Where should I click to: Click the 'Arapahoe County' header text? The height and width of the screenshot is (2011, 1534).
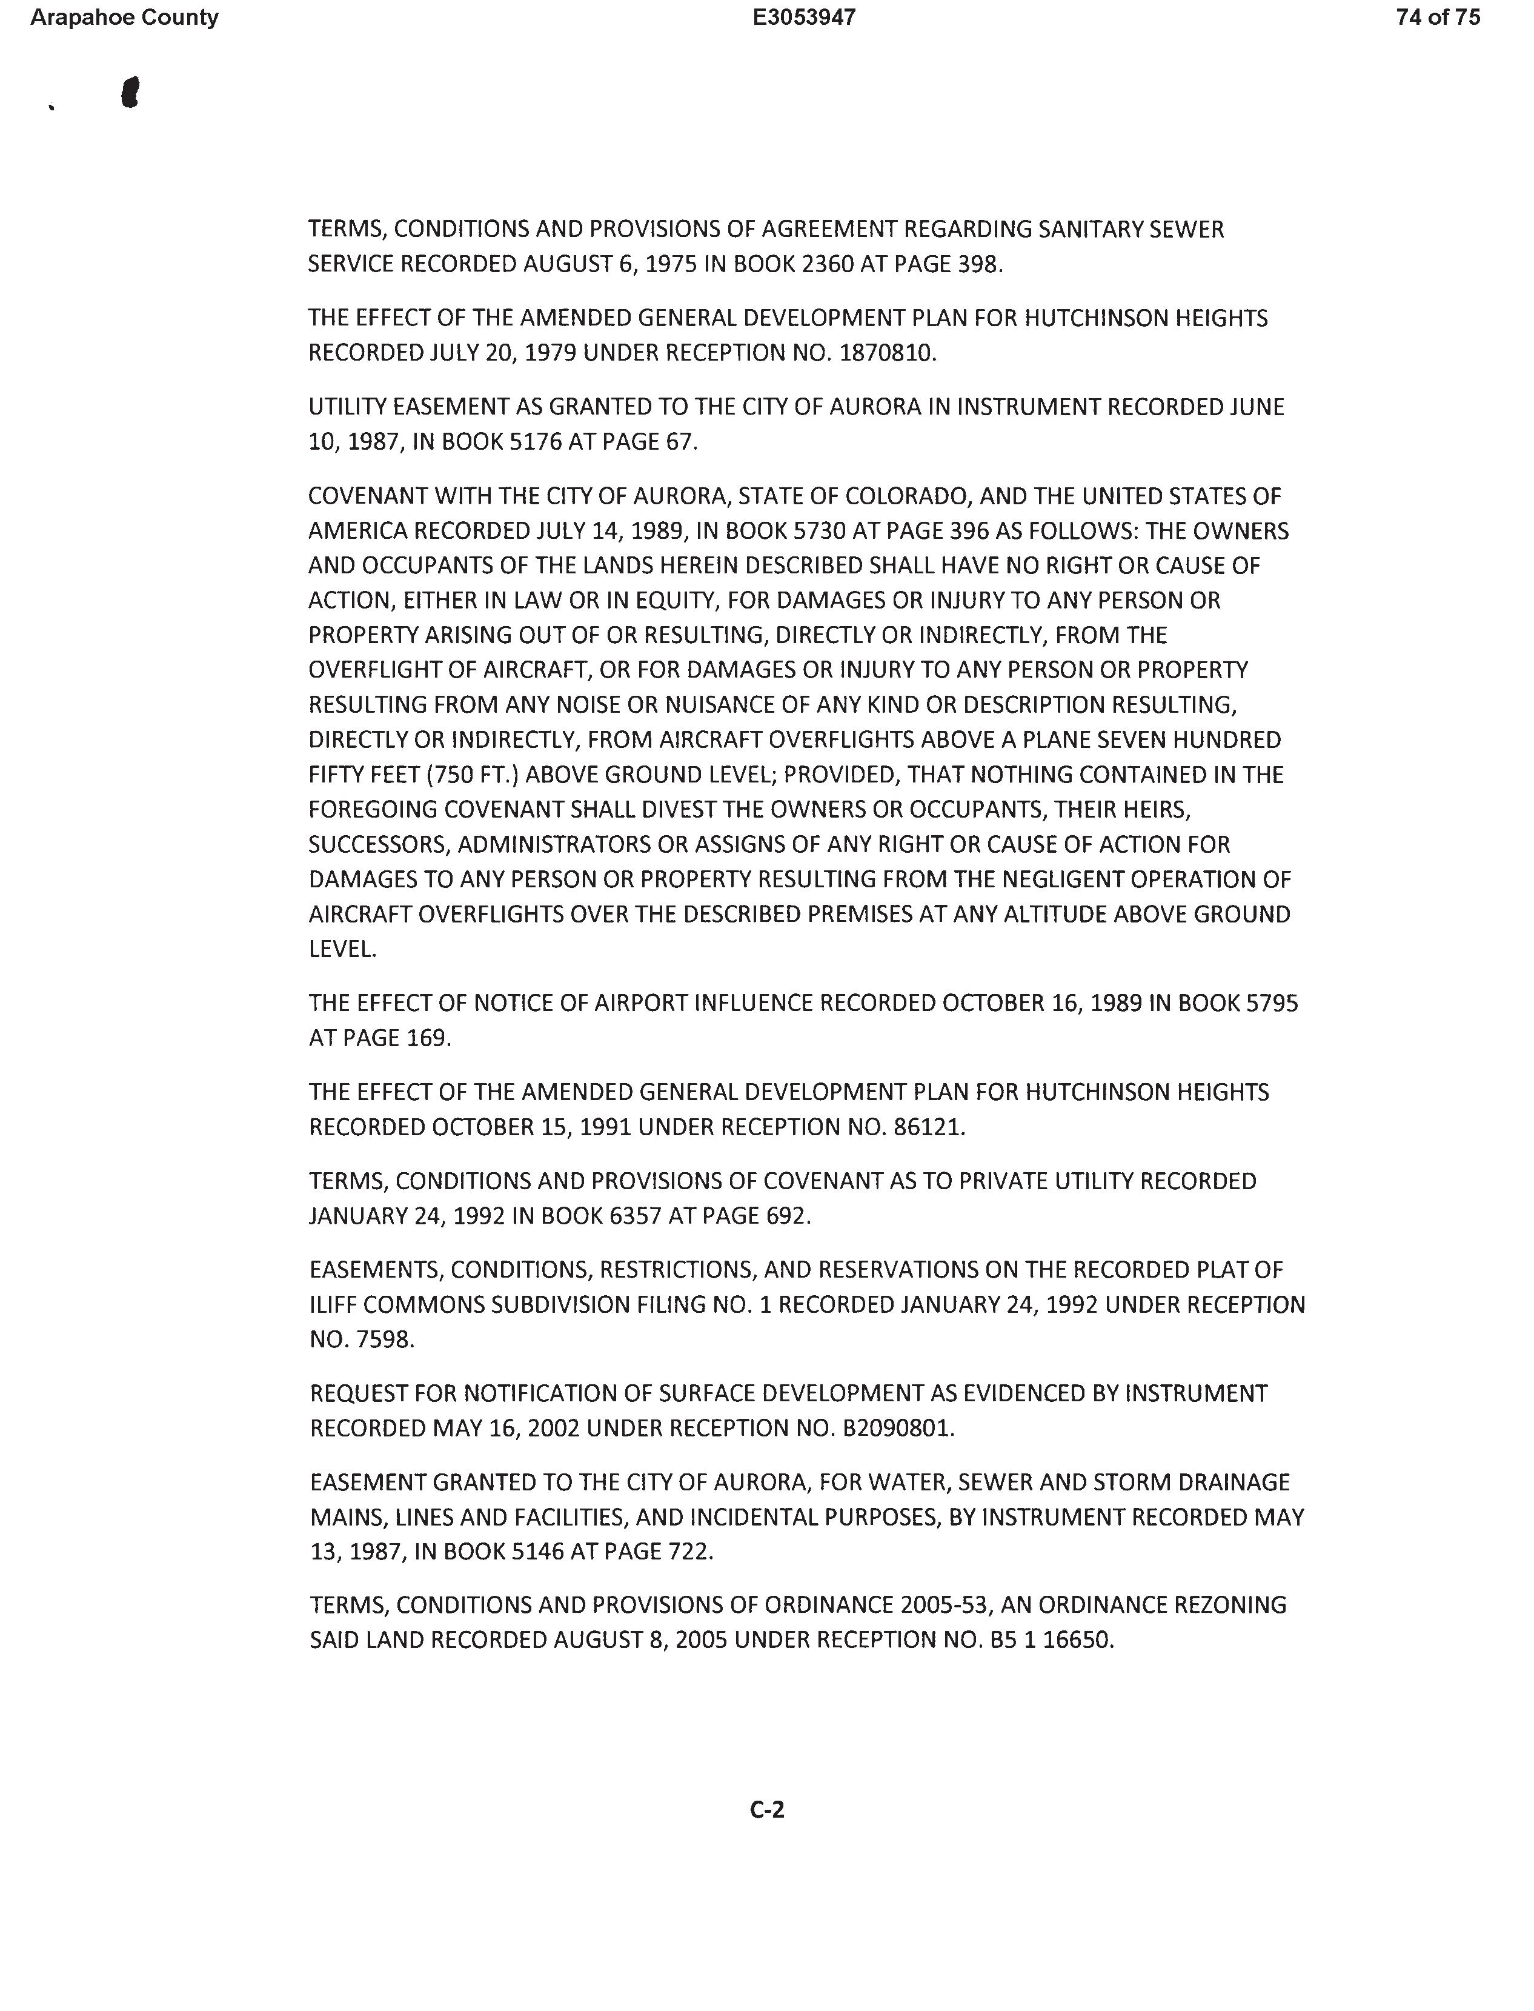tap(124, 18)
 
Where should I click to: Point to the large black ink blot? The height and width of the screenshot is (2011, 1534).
tap(131, 92)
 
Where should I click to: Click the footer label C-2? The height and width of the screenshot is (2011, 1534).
tap(767, 1809)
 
